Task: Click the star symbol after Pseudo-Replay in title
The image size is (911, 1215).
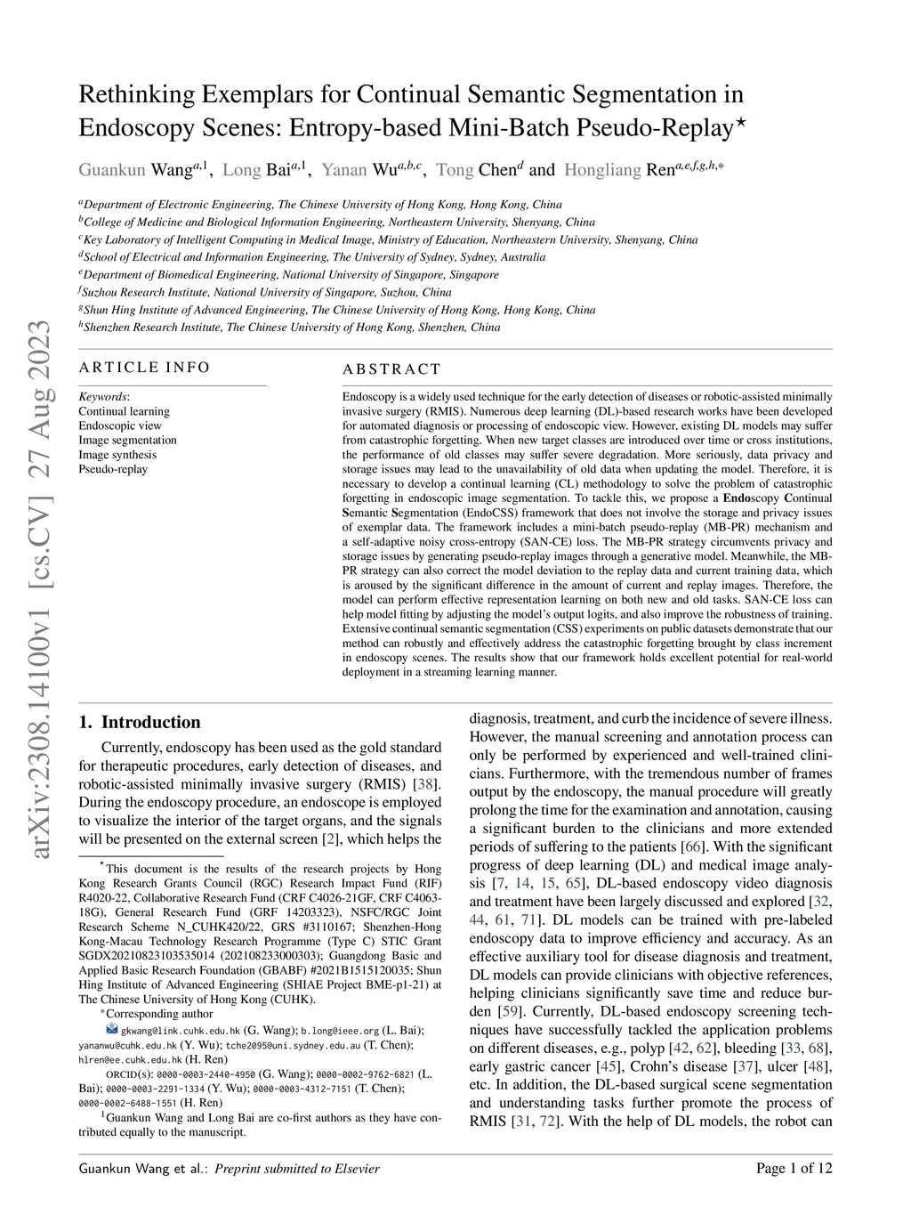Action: tap(741, 124)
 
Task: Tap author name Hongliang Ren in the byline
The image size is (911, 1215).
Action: tap(619, 170)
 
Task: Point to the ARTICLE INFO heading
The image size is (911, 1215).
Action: tap(144, 368)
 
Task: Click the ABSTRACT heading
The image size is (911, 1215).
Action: tap(391, 369)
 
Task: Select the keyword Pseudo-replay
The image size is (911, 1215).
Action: tap(113, 469)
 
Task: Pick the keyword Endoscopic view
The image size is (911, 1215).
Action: tap(120, 425)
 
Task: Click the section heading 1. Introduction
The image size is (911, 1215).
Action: tap(140, 722)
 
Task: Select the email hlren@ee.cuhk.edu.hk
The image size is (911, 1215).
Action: tap(130, 1060)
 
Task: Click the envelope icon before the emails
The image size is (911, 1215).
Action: tap(111, 1030)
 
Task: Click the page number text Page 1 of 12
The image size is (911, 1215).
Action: tap(794, 1169)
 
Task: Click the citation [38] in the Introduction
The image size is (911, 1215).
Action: tap(427, 784)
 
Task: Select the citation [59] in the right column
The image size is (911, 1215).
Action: tap(509, 1011)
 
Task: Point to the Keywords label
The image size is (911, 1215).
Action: tap(103, 397)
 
